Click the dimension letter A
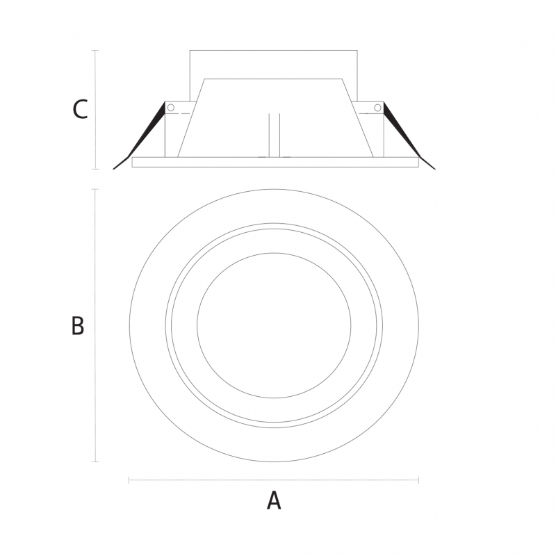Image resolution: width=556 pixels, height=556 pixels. click(274, 500)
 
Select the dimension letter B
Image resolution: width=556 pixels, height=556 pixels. click(78, 325)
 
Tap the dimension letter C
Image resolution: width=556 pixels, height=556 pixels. click(80, 109)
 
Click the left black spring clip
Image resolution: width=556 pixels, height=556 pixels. click(139, 136)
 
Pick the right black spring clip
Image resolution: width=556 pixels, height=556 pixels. click(409, 136)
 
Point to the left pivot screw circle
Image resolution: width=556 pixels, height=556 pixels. click(171, 108)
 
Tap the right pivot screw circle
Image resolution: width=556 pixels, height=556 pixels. click(377, 108)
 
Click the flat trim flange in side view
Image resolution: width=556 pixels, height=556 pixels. click(275, 162)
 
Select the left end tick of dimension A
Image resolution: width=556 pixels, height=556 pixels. click(129, 480)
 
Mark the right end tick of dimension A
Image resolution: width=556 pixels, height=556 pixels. click(419, 480)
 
